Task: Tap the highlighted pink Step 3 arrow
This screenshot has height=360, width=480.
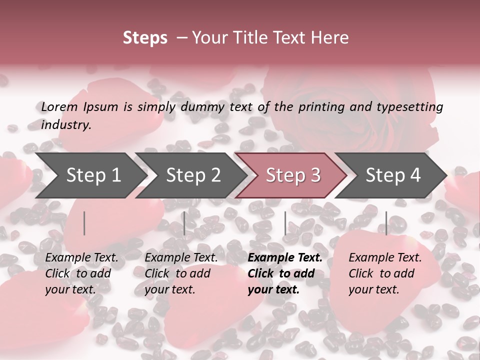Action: click(292, 175)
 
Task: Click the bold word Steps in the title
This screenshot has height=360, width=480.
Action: click(145, 38)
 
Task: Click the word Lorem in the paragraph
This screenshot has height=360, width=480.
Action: click(59, 107)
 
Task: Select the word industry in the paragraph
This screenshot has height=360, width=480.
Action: click(65, 125)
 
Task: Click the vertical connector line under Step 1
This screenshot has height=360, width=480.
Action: click(84, 223)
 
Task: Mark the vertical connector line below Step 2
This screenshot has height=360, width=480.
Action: click(184, 223)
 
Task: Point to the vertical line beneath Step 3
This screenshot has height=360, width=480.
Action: click(285, 223)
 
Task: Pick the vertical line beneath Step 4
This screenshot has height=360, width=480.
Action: click(386, 223)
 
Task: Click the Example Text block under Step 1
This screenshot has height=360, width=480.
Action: click(81, 273)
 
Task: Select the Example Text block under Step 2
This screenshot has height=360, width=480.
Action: click(181, 273)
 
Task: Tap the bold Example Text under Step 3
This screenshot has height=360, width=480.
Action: click(284, 273)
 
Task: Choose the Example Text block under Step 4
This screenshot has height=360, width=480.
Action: click(385, 273)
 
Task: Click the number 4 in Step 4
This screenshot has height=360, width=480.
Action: click(414, 175)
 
